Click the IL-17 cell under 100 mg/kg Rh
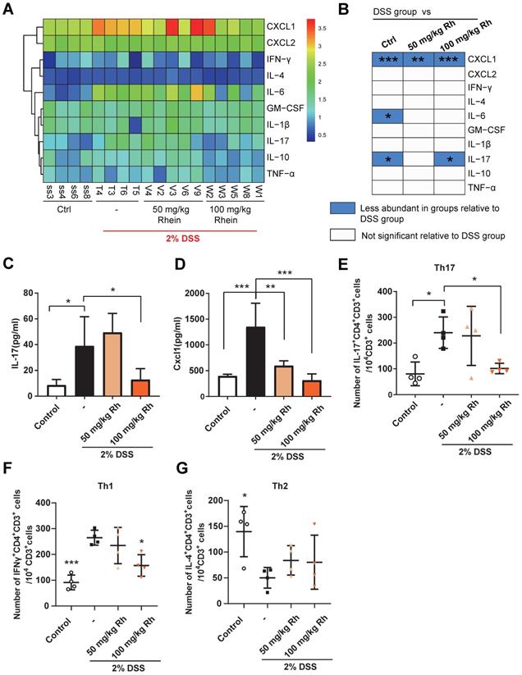[x=450, y=155]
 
